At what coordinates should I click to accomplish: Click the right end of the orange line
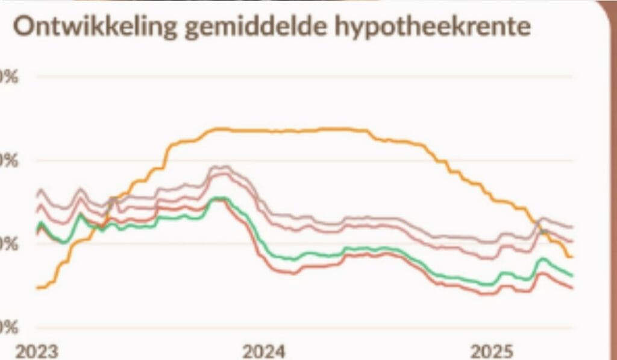[571, 257]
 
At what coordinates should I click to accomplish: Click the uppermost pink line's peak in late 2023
[223, 166]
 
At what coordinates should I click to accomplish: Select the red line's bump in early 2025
[540, 273]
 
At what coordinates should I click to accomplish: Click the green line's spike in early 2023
[80, 214]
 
